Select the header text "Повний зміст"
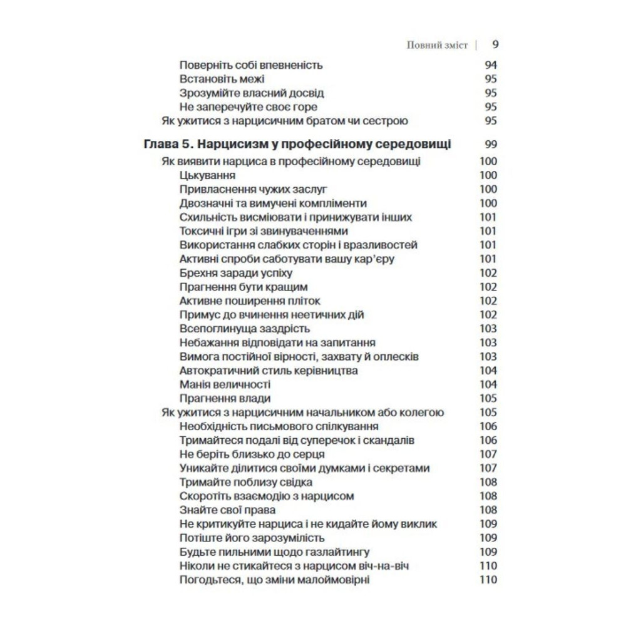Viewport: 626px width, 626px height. click(x=437, y=45)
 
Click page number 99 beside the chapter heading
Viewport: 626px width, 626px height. click(x=490, y=144)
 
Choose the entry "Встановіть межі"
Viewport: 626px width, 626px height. click(x=222, y=79)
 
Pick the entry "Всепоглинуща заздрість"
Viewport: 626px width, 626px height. click(x=245, y=329)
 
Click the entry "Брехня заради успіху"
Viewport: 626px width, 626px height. click(x=235, y=273)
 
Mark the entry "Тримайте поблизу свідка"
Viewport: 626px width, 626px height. click(x=245, y=482)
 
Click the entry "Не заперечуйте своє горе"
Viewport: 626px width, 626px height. click(x=244, y=106)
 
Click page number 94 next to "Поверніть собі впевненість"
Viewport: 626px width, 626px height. click(x=490, y=65)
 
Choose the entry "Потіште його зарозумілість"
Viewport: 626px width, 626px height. click(x=252, y=538)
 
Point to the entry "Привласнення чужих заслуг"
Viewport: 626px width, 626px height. click(x=254, y=190)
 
